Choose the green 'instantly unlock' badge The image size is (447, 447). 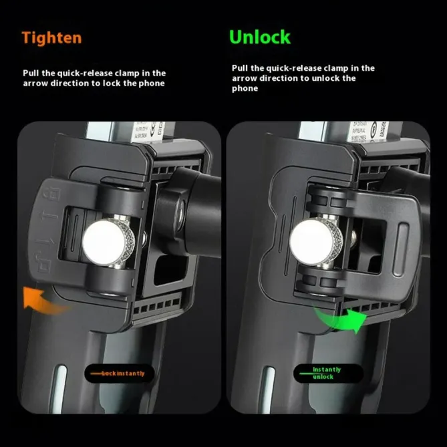pyautogui.click(x=327, y=373)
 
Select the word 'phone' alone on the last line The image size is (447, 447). pyautogui.click(x=245, y=88)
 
